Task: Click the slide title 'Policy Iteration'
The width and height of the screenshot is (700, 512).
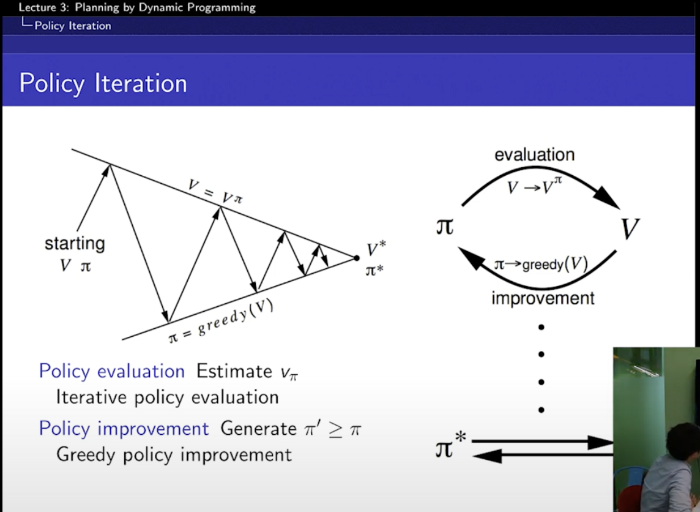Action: (103, 83)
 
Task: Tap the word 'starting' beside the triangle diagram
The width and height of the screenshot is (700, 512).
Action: (75, 244)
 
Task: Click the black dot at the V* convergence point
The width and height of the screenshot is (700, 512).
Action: (356, 258)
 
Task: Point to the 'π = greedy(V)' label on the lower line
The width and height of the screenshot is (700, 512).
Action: (220, 321)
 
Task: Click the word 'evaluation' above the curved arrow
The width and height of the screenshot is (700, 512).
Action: (534, 154)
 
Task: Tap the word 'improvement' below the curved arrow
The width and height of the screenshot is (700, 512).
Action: (543, 298)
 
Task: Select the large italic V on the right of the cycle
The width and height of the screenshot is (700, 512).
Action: (630, 228)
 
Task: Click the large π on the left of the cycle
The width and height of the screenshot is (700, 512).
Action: (445, 227)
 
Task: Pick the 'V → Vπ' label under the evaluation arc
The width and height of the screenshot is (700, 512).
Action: (534, 186)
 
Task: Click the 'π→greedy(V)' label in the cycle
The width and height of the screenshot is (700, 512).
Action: (541, 264)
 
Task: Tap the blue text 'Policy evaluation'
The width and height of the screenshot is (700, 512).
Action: (111, 372)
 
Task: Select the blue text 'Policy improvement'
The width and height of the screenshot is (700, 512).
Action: (124, 429)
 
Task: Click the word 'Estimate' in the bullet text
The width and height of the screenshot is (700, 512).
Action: (234, 371)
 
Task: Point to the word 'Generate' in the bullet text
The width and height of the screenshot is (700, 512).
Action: (258, 429)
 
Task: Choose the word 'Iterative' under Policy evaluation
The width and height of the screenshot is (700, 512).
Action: (91, 397)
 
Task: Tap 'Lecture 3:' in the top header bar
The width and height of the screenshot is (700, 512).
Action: (44, 7)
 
